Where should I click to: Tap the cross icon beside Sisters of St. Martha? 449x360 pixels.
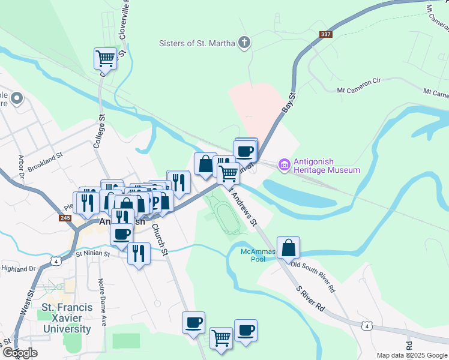[x=244, y=43]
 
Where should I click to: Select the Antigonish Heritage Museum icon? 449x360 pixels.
[x=284, y=164]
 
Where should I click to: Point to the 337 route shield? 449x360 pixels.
[x=326, y=34]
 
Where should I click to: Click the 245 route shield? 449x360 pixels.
[x=65, y=217]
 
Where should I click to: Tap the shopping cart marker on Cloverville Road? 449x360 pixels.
[x=105, y=59]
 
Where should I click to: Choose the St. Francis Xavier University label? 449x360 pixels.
[x=67, y=318]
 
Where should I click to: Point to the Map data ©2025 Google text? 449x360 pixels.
[x=412, y=355]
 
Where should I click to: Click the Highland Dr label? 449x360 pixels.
[x=19, y=269]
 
